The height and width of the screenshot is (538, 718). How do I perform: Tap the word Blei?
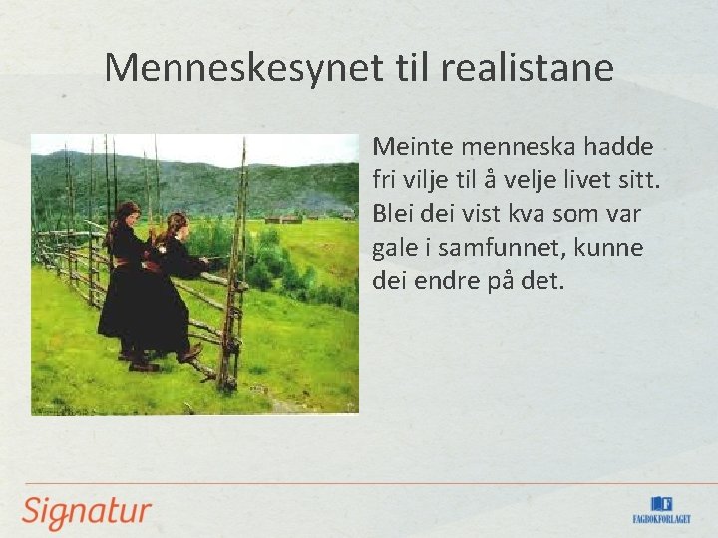[x=392, y=214]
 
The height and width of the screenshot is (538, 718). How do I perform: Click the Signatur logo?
[x=87, y=511]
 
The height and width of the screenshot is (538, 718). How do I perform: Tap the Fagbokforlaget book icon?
[x=661, y=504]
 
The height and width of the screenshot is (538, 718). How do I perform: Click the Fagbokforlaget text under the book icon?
[x=661, y=519]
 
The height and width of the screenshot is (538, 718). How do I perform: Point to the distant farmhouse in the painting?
[x=284, y=218]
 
